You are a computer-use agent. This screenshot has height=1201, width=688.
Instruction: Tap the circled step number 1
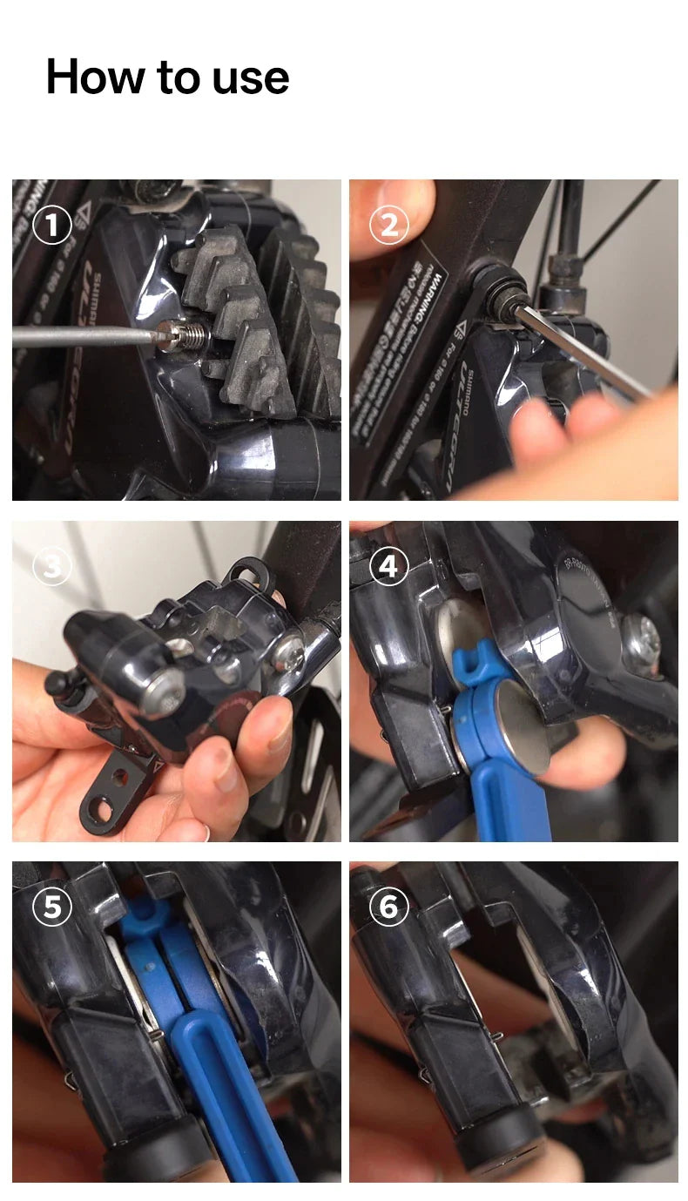click(x=51, y=226)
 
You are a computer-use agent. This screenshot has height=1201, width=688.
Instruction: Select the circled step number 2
click(x=388, y=226)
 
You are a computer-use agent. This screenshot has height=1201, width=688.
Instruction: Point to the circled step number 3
click(x=51, y=568)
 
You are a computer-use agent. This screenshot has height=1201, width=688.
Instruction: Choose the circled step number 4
click(x=388, y=568)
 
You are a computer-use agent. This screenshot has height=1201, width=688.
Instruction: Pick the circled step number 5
click(x=51, y=907)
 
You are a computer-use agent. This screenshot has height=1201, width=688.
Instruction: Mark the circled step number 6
click(x=388, y=907)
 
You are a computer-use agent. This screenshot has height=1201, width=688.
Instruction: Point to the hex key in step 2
click(x=583, y=348)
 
